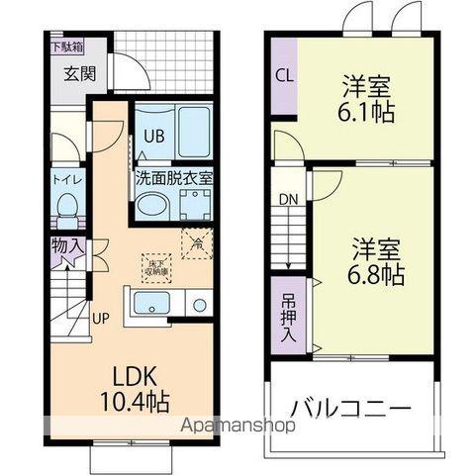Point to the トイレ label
click(68, 181)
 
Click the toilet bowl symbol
click(68, 208)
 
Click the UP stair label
click(100, 319)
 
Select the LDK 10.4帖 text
click(133, 389)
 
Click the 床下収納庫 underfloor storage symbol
click(156, 265)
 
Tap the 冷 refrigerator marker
click(196, 241)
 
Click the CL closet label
click(284, 74)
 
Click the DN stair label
click(287, 199)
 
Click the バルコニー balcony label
click(350, 407)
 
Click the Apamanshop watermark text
click(236, 427)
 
